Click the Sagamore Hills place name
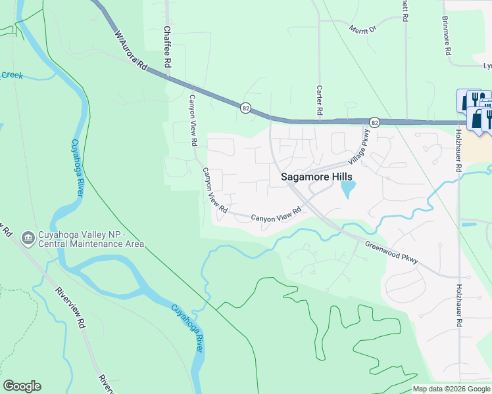click(316, 177)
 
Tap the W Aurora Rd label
click(130, 47)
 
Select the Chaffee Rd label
click(168, 47)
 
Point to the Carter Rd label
click(320, 100)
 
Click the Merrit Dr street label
click(362, 30)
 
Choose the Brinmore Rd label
click(447, 35)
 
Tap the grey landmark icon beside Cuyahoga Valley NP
click(28, 236)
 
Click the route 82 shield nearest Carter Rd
click(374, 122)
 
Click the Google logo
click(22, 386)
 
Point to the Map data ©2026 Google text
click(451, 389)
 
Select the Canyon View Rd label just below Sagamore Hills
click(276, 213)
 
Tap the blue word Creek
click(11, 76)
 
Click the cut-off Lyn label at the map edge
click(487, 66)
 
